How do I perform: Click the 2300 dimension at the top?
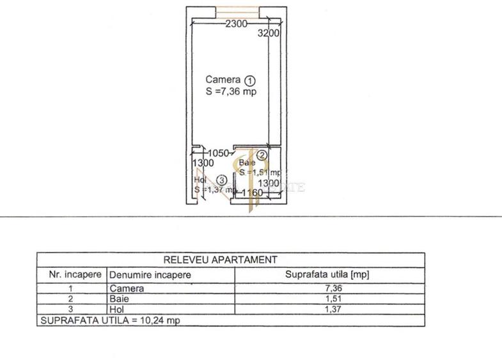pyautogui.click(x=236, y=24)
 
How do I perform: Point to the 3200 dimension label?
pyautogui.click(x=269, y=34)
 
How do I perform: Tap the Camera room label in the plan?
pyautogui.click(x=223, y=80)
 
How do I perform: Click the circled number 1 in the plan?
pyautogui.click(x=250, y=81)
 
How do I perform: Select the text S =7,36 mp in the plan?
pyautogui.click(x=231, y=91)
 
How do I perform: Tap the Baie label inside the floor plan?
pyautogui.click(x=247, y=163)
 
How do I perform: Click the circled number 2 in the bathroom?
pyautogui.click(x=262, y=155)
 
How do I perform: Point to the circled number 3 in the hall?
pyautogui.click(x=221, y=180)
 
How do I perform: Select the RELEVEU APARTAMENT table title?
pyautogui.click(x=221, y=260)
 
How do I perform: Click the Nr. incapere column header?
pyautogui.click(x=72, y=274)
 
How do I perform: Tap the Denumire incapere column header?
pyautogui.click(x=150, y=275)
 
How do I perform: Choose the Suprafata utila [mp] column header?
pyautogui.click(x=327, y=274)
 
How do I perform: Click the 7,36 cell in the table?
pyautogui.click(x=327, y=288)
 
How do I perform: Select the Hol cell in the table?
pyautogui.click(x=116, y=309)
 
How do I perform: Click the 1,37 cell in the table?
pyautogui.click(x=327, y=309)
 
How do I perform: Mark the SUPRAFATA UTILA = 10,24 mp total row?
pyautogui.click(x=109, y=320)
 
